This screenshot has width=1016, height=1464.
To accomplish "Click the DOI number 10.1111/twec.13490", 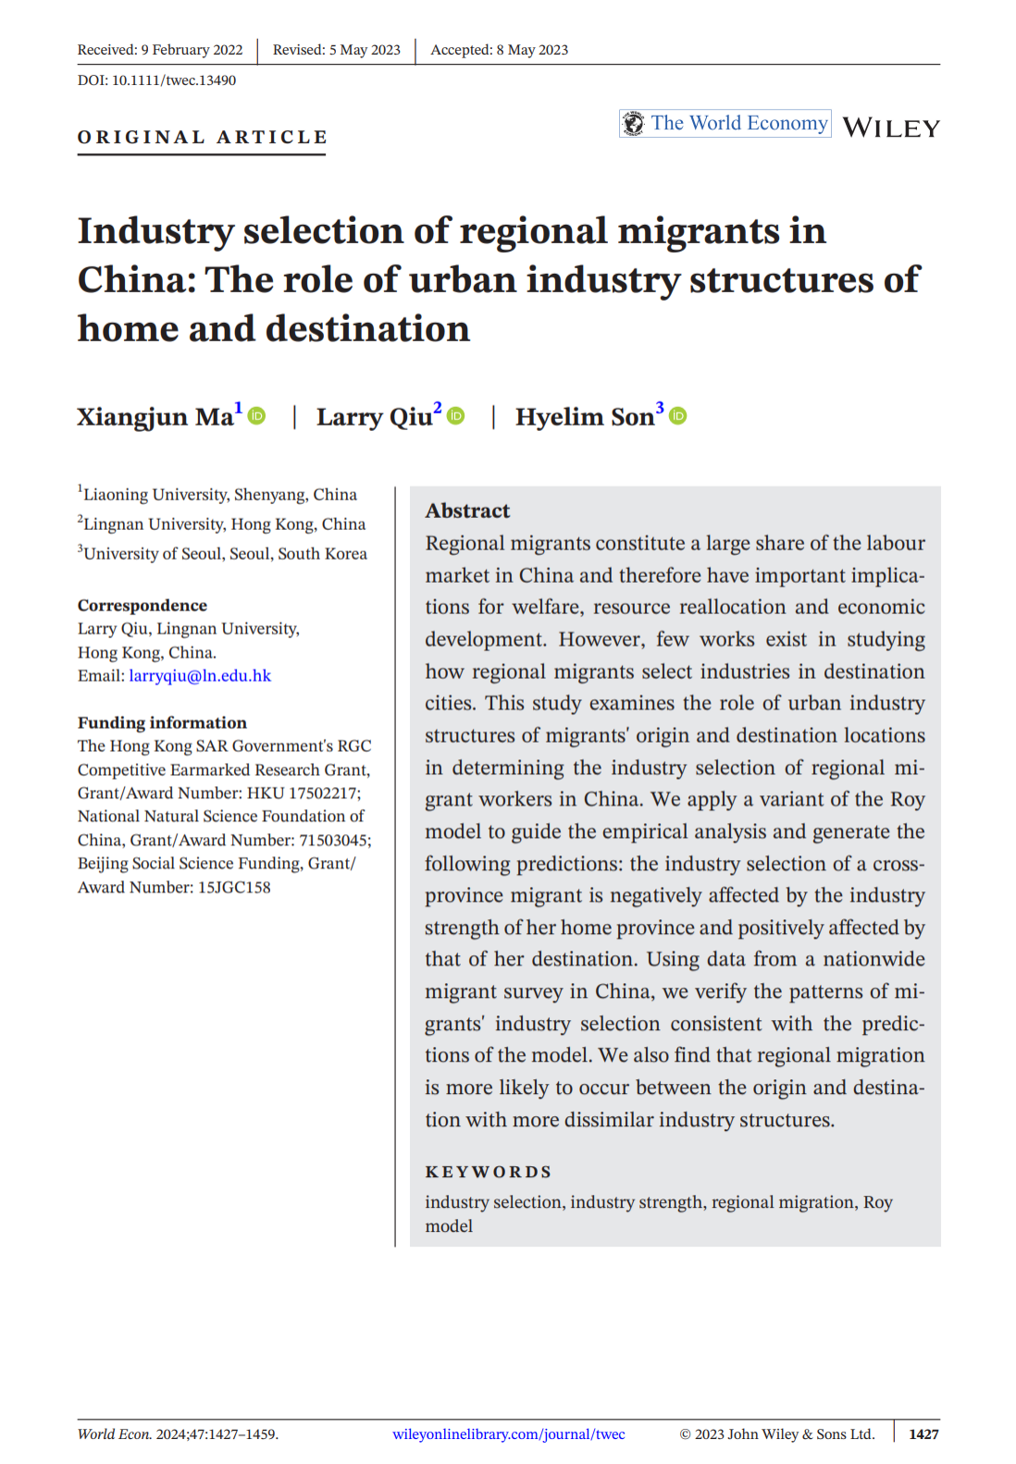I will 173,80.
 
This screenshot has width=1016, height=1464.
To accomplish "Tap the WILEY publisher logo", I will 890,128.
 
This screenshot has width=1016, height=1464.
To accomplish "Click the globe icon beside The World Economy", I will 634,123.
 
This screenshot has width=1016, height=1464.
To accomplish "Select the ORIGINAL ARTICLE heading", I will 202,137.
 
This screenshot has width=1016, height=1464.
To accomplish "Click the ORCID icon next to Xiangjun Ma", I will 257,416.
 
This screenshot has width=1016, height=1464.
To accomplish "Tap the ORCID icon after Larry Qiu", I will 456,416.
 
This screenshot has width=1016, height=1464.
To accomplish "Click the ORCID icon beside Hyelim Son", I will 678,416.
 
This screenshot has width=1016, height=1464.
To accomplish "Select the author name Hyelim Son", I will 584,417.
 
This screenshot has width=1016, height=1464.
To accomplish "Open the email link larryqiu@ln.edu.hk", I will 200,676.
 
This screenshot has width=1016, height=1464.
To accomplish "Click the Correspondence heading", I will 142,606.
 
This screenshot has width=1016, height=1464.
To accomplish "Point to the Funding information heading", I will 162,723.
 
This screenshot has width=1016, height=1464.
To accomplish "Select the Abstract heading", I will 467,511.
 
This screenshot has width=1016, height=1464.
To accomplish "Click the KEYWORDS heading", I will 488,1172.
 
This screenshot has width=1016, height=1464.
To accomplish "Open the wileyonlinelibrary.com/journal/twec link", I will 508,1434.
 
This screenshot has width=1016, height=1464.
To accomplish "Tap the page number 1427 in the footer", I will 923,1434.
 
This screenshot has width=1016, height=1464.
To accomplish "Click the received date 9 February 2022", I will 192,50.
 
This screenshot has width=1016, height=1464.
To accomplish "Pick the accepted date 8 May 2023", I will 532,50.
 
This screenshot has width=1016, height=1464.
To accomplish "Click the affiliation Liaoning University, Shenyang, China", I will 220,495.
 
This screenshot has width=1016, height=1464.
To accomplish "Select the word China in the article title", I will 136,280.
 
